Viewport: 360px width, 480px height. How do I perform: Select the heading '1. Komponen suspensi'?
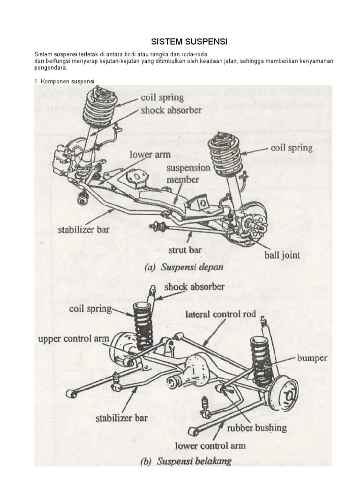point(64,81)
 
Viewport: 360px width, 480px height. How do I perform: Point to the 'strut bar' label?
point(186,250)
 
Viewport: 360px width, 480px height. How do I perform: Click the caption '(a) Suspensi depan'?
point(183,268)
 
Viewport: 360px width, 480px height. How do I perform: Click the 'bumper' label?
point(312,358)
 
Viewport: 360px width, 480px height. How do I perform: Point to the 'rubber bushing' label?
point(256,427)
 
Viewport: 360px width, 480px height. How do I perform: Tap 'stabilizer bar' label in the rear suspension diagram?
point(120,417)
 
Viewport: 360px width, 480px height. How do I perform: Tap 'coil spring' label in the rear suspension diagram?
point(90,309)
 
